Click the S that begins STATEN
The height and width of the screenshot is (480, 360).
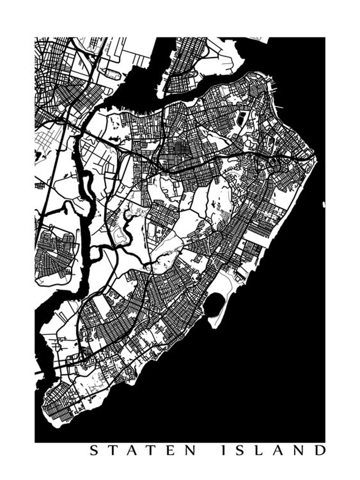[93, 451]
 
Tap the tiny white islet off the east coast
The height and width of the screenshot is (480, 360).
[324, 205]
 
